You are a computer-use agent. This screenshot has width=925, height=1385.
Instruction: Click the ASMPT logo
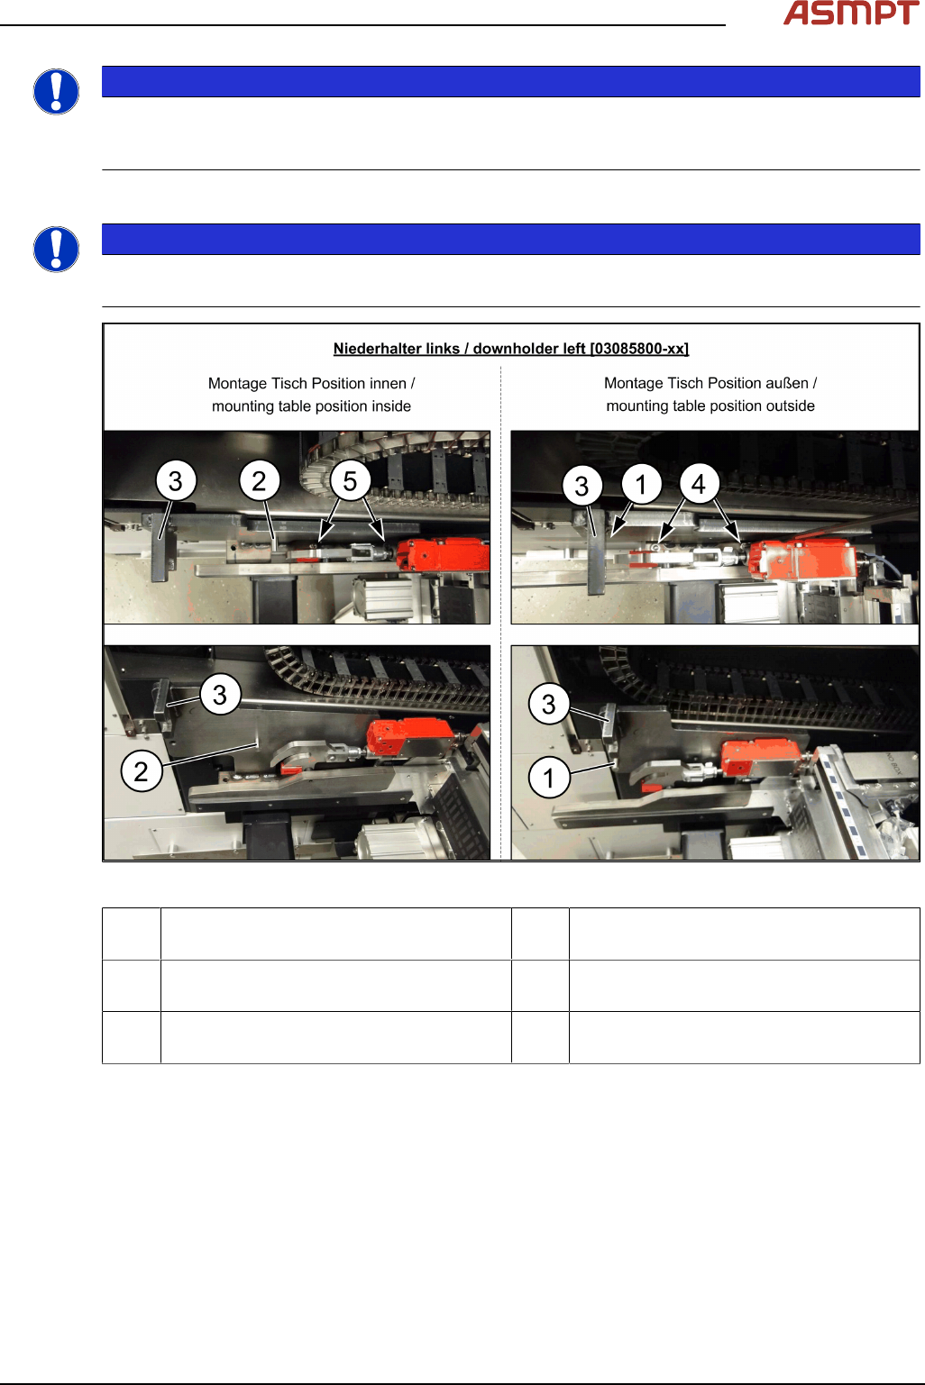point(851,13)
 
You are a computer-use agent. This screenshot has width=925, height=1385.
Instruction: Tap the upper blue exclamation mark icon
point(56,92)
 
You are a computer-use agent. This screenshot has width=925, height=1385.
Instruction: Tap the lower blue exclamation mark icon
point(56,250)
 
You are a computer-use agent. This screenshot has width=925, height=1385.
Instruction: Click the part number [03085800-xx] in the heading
point(639,349)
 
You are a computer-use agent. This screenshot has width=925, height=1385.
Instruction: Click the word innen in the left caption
point(387,383)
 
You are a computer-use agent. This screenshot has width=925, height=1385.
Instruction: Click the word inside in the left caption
point(391,406)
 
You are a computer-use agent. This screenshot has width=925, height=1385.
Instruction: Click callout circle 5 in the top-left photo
point(350,481)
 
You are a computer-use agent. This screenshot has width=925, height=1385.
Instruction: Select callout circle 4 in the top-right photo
point(699,484)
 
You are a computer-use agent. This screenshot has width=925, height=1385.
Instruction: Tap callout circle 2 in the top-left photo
point(260,481)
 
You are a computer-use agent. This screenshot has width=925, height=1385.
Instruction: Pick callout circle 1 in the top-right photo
point(642,484)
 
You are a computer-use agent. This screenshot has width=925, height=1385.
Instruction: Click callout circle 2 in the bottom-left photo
point(141,771)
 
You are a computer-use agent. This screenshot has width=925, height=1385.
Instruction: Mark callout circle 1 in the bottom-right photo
point(549,778)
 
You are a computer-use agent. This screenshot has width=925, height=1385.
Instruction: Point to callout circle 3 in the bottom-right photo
point(549,705)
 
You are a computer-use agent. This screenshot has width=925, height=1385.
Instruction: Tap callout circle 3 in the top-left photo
point(176,481)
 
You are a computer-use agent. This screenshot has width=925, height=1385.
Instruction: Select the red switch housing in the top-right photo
point(803,560)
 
